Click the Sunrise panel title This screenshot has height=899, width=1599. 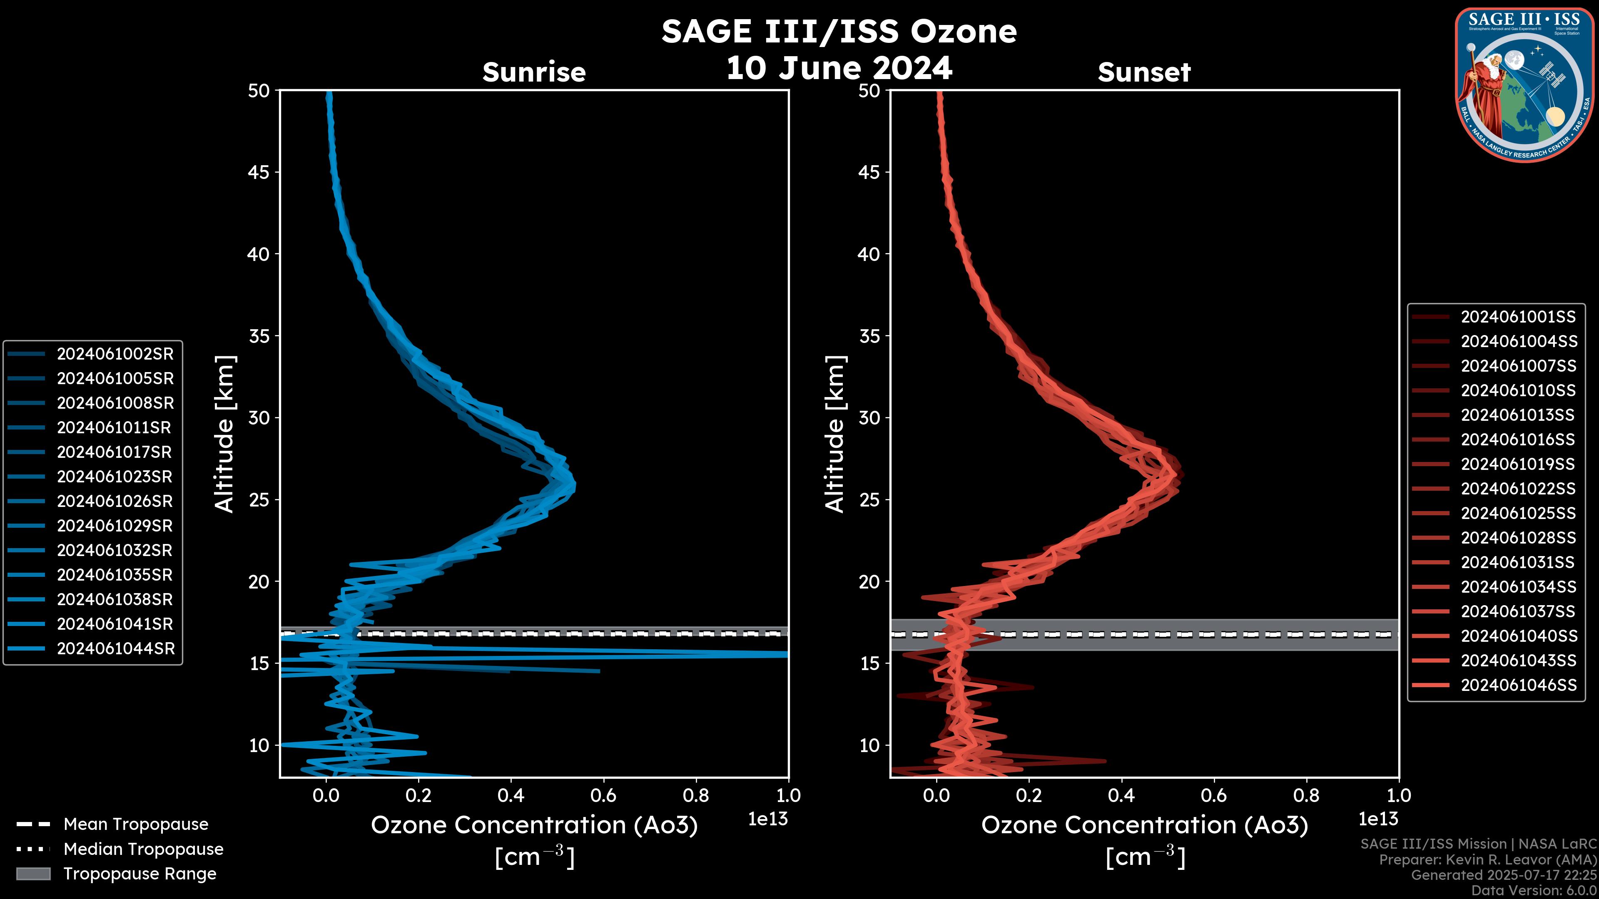click(x=534, y=72)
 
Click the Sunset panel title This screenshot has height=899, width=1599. click(x=1144, y=72)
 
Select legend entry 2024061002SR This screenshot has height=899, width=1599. click(x=115, y=354)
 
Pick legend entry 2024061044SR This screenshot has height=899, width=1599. click(x=115, y=648)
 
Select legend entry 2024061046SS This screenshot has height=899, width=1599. click(x=1518, y=685)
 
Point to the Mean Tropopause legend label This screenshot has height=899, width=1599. click(x=136, y=824)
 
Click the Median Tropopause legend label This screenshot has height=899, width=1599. click(x=143, y=849)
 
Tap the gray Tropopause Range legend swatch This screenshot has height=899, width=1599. click(x=33, y=874)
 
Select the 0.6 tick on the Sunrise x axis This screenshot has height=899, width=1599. click(x=603, y=795)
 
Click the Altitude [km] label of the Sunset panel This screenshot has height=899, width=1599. click(x=835, y=434)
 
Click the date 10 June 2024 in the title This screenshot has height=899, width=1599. click(x=839, y=68)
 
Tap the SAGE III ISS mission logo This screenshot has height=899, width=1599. click(x=1524, y=85)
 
